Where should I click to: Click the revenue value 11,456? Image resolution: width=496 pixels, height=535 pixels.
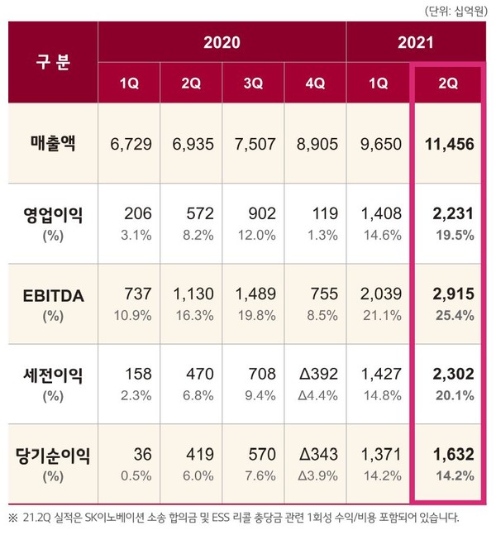(x=449, y=144)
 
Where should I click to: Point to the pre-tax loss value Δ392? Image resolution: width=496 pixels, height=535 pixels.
(x=316, y=375)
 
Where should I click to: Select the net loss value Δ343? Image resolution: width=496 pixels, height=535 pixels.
(x=316, y=454)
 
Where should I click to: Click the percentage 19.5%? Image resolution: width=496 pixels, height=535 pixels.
(x=455, y=235)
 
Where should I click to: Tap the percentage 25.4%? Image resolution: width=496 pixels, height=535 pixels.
(x=455, y=314)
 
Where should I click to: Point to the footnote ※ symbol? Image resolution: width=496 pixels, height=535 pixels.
(x=12, y=518)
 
